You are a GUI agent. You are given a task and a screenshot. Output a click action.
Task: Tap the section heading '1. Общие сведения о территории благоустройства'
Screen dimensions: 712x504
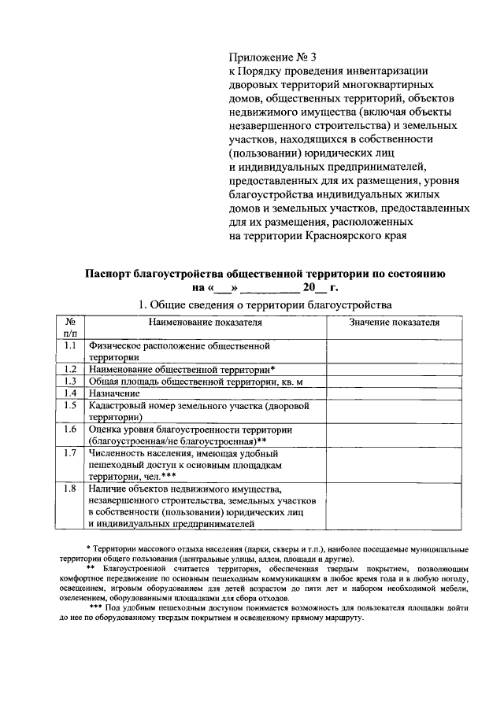click(x=264, y=304)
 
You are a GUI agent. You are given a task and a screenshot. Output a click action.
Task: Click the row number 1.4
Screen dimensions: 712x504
click(x=70, y=393)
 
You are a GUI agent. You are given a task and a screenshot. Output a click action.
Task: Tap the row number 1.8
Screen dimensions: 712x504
click(x=70, y=489)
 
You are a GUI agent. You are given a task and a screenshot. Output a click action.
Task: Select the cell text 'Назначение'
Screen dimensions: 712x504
click(x=114, y=393)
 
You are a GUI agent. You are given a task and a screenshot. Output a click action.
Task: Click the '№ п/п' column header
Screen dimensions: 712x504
click(x=70, y=327)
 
